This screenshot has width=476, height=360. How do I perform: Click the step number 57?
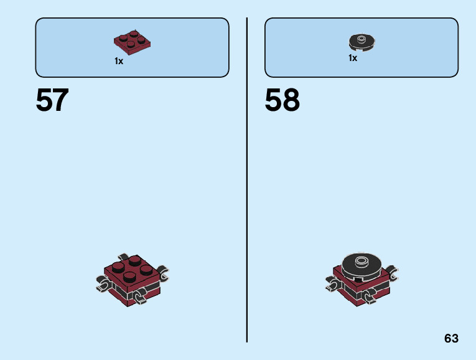tap(52, 100)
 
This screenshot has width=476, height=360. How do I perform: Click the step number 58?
tap(282, 100)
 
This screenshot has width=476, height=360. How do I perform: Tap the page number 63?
tap(451, 338)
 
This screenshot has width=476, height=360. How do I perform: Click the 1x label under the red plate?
tap(119, 61)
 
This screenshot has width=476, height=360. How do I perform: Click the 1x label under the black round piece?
tap(353, 58)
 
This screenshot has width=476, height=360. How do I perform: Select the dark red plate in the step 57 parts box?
tap(133, 41)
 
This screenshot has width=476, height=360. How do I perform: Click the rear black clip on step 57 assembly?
tap(125, 258)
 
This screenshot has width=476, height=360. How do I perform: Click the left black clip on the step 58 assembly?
tap(332, 285)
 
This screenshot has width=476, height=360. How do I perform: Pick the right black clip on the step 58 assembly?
tap(393, 273)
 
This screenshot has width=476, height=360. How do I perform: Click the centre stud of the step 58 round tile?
tap(361, 258)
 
